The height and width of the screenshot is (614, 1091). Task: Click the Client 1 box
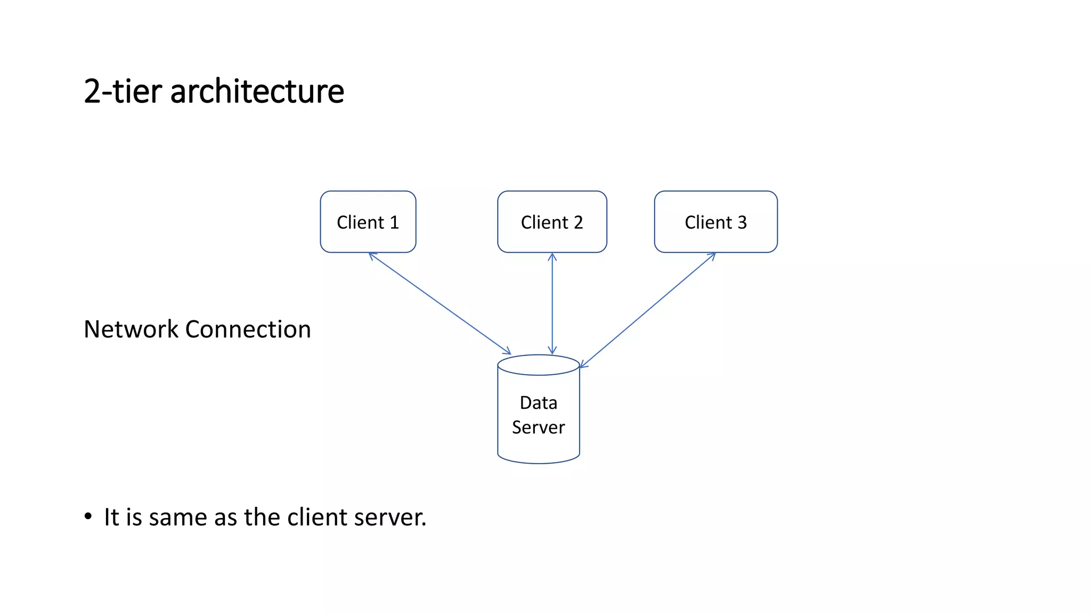pos(368,222)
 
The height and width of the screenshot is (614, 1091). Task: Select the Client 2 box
pos(552,222)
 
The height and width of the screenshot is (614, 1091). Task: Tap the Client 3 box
pos(715,222)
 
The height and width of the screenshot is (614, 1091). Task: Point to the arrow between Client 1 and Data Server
pos(439,303)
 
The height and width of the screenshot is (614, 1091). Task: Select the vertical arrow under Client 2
pos(552,304)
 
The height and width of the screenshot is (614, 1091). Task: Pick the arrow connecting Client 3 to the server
pos(647,310)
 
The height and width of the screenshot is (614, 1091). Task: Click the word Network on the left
pos(131,329)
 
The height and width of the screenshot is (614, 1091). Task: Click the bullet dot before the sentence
pos(88,516)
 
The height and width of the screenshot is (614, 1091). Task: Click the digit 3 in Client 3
pos(742,222)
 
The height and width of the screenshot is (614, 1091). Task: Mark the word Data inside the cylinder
pos(539,403)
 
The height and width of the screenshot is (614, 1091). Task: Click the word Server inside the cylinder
pos(538,427)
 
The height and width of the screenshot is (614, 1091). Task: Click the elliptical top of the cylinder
pos(538,365)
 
